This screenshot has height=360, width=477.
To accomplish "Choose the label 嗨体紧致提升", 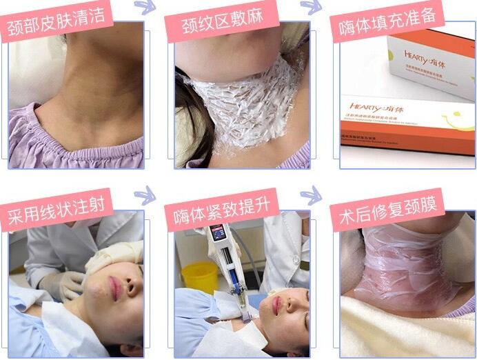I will click(x=221, y=209).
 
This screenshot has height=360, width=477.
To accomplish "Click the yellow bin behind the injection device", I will click(x=200, y=276).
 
